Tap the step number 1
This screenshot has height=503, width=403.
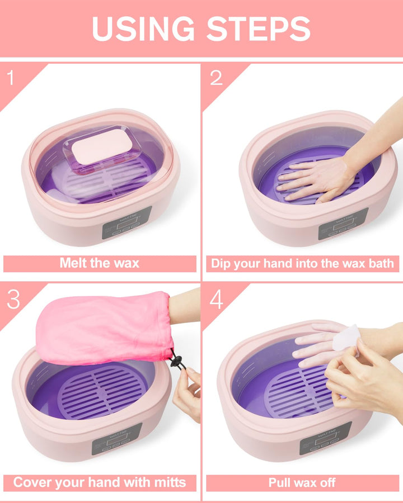pyautogui.click(x=12, y=78)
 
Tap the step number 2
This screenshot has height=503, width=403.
pyautogui.click(x=216, y=78)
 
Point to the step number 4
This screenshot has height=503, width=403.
pyautogui.click(x=216, y=300)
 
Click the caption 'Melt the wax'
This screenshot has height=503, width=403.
pyautogui.click(x=100, y=263)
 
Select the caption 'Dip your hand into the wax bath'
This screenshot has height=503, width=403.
pyautogui.click(x=302, y=263)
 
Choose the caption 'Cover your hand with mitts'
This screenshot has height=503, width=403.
pyautogui.click(x=100, y=482)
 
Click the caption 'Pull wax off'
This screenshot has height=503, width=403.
pyautogui.click(x=302, y=482)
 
